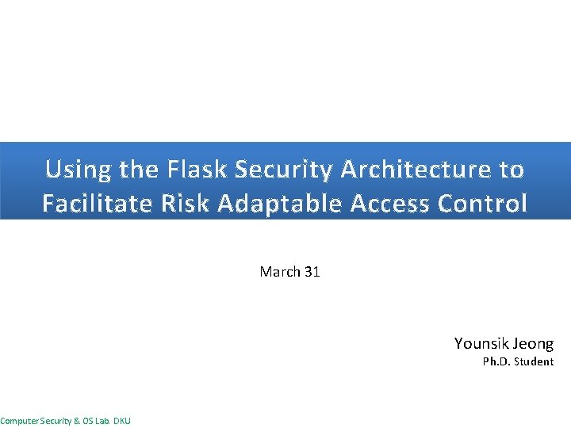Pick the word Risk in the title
[x=188, y=204]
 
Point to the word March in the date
[x=280, y=272]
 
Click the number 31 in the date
[x=312, y=272]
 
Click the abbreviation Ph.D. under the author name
[x=497, y=362]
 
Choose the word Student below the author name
[x=535, y=362]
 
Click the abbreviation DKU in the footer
[x=122, y=421]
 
